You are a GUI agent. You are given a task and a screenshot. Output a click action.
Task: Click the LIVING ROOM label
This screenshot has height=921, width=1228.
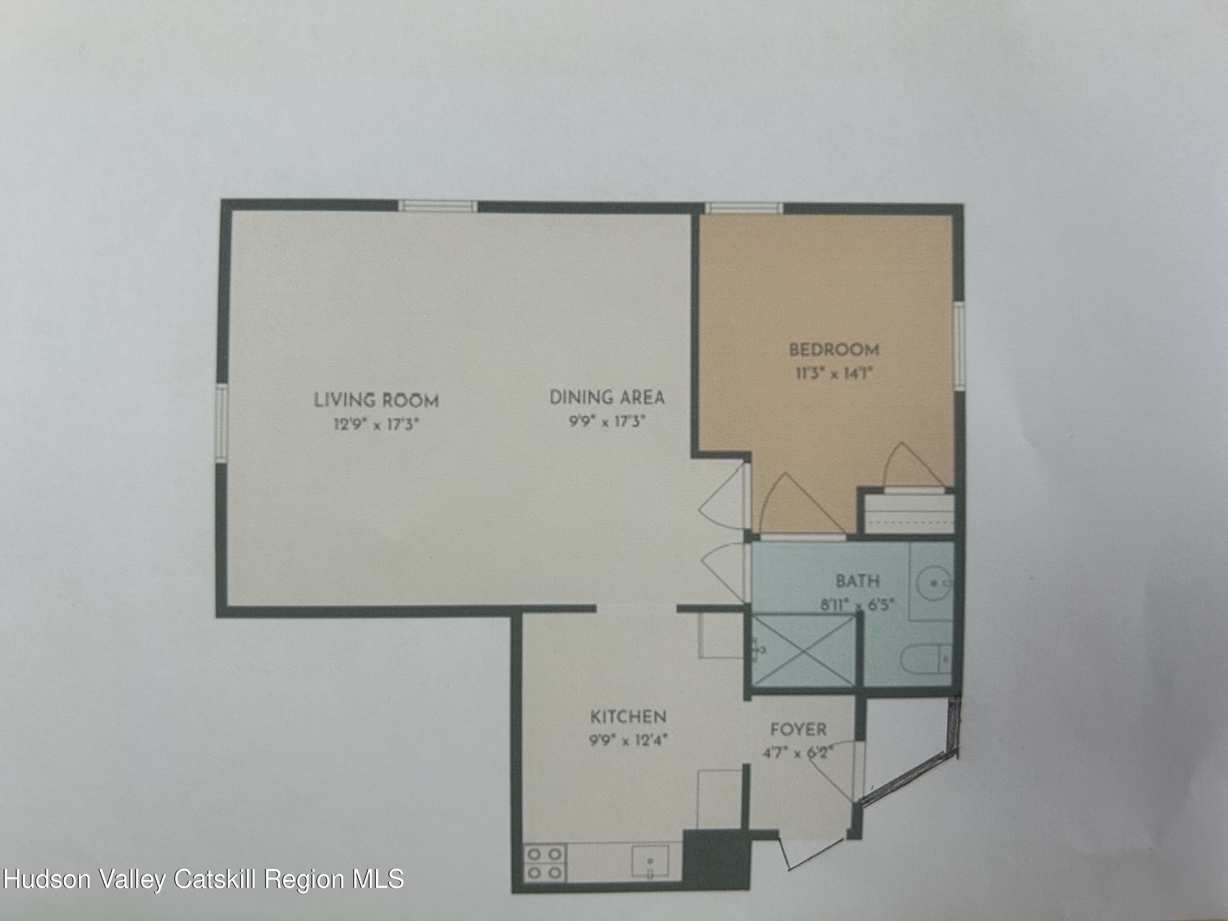[x=377, y=400]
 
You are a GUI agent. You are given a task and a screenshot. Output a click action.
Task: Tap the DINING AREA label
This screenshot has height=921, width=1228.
[x=606, y=397]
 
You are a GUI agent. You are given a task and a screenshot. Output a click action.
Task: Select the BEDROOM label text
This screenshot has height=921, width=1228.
[x=834, y=350]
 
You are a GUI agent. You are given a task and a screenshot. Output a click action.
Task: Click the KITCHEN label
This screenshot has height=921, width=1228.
[x=628, y=717]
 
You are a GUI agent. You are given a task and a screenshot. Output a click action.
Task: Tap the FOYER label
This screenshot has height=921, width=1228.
[x=798, y=729]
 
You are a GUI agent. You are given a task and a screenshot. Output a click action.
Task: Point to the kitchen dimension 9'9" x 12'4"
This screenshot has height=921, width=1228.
[x=628, y=740]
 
